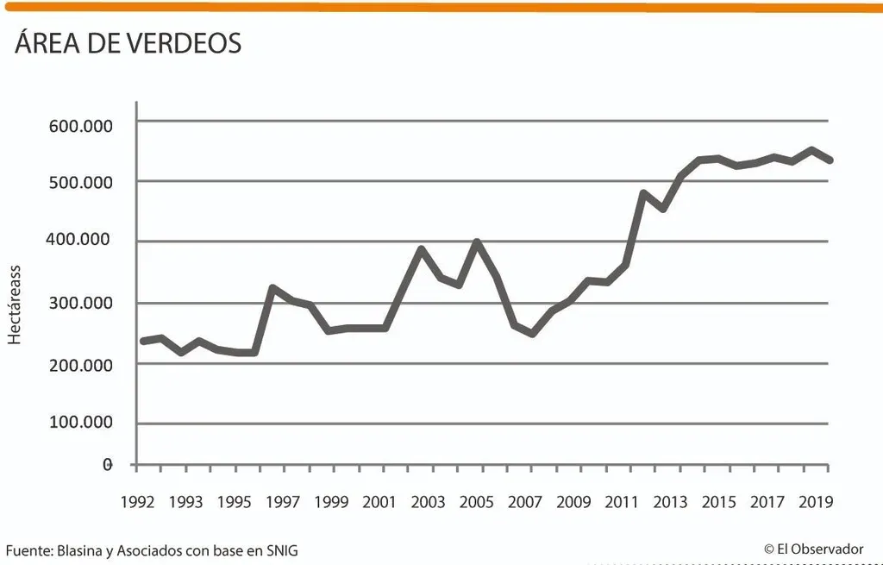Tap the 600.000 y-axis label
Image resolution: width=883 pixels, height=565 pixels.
[x=80, y=126]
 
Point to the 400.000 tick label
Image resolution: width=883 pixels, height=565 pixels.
[x=78, y=240]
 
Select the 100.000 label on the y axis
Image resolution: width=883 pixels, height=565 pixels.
[x=80, y=422]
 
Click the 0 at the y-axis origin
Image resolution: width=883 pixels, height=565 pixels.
[x=108, y=465]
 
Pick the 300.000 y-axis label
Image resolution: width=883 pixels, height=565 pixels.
[x=80, y=303]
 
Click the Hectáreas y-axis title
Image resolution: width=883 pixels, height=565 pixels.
[x=14, y=304]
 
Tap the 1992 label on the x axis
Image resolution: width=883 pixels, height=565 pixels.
[x=137, y=501]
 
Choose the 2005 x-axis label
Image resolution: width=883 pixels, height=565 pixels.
[x=476, y=501]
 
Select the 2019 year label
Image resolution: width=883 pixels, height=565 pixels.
[x=816, y=501]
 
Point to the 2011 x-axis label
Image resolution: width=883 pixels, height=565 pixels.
[x=622, y=501]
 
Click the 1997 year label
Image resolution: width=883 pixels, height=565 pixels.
[x=283, y=501]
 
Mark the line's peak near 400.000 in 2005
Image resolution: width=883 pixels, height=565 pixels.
[x=477, y=242]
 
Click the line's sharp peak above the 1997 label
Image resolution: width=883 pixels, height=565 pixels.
[x=272, y=288]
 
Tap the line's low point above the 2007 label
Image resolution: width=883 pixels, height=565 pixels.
[x=531, y=334]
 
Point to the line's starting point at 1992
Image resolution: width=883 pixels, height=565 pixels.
[x=142, y=341]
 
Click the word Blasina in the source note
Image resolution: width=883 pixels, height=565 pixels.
[x=79, y=550]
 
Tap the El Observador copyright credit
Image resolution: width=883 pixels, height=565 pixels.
[x=814, y=549]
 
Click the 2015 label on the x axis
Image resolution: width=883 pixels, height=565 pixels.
[x=718, y=501]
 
